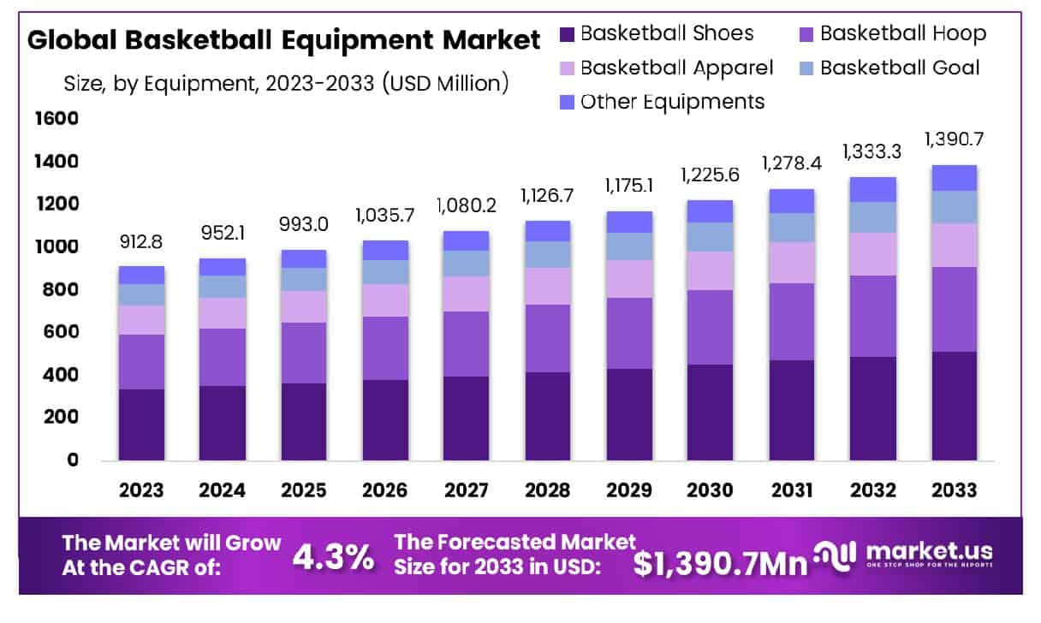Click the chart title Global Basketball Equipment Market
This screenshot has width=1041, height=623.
click(284, 40)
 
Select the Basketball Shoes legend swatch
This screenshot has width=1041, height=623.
click(568, 34)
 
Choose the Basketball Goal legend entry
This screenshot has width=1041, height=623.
click(900, 68)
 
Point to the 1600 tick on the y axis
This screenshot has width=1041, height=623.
click(57, 119)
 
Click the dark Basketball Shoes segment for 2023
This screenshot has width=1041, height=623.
click(141, 424)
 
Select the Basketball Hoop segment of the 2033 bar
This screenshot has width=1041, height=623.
click(954, 309)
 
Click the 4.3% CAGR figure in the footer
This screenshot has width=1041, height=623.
click(333, 557)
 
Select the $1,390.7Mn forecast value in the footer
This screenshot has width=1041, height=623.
click(720, 563)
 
